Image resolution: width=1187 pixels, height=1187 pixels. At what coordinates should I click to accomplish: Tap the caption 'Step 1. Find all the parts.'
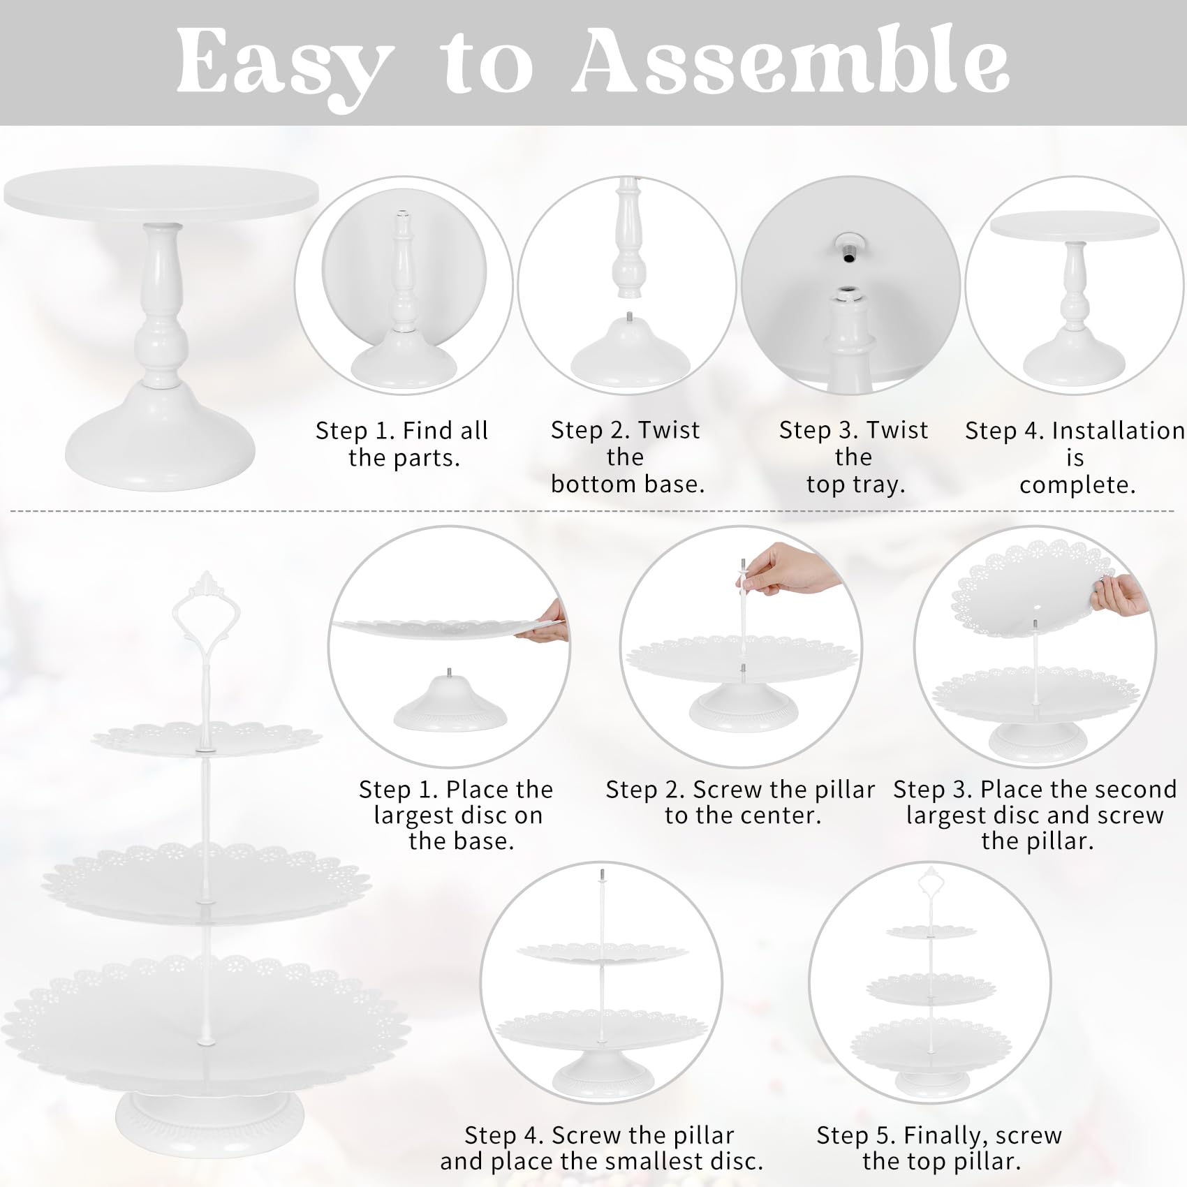point(402,444)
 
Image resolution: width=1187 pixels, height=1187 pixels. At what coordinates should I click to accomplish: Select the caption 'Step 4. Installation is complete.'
point(1075,458)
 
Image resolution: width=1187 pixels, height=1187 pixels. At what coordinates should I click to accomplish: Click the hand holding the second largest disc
point(1119,596)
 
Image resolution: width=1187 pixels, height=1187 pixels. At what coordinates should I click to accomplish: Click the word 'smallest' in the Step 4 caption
point(607,1161)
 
